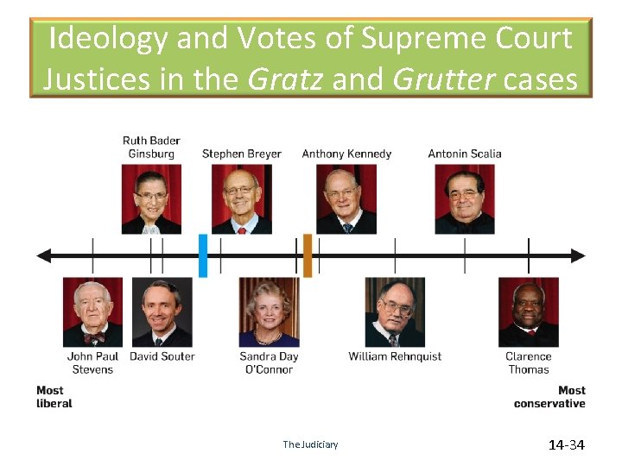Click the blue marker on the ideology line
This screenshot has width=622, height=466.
[x=203, y=255]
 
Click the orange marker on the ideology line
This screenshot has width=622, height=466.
[x=308, y=255]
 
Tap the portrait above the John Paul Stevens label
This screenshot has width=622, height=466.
[x=92, y=312]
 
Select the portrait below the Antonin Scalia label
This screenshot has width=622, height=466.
[x=465, y=199]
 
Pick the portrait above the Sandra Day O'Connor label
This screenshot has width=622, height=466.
[x=269, y=312]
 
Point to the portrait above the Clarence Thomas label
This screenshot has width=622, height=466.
[x=529, y=312]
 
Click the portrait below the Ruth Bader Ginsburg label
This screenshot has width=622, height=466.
[x=151, y=199]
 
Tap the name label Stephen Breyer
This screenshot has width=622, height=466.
[x=242, y=154]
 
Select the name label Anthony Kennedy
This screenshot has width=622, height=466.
[x=346, y=154]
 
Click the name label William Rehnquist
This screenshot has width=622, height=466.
[x=395, y=356]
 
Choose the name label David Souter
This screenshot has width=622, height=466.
[x=162, y=356]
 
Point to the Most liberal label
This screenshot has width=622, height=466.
[x=54, y=397]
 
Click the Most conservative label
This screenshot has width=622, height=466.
[x=549, y=397]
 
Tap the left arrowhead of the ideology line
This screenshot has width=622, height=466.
[x=44, y=255]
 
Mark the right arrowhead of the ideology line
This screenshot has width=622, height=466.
[x=578, y=255]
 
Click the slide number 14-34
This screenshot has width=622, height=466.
[x=567, y=445]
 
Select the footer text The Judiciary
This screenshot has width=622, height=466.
[x=310, y=445]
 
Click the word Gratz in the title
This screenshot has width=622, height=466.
[x=286, y=79]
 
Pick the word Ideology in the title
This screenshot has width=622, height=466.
[x=108, y=38]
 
